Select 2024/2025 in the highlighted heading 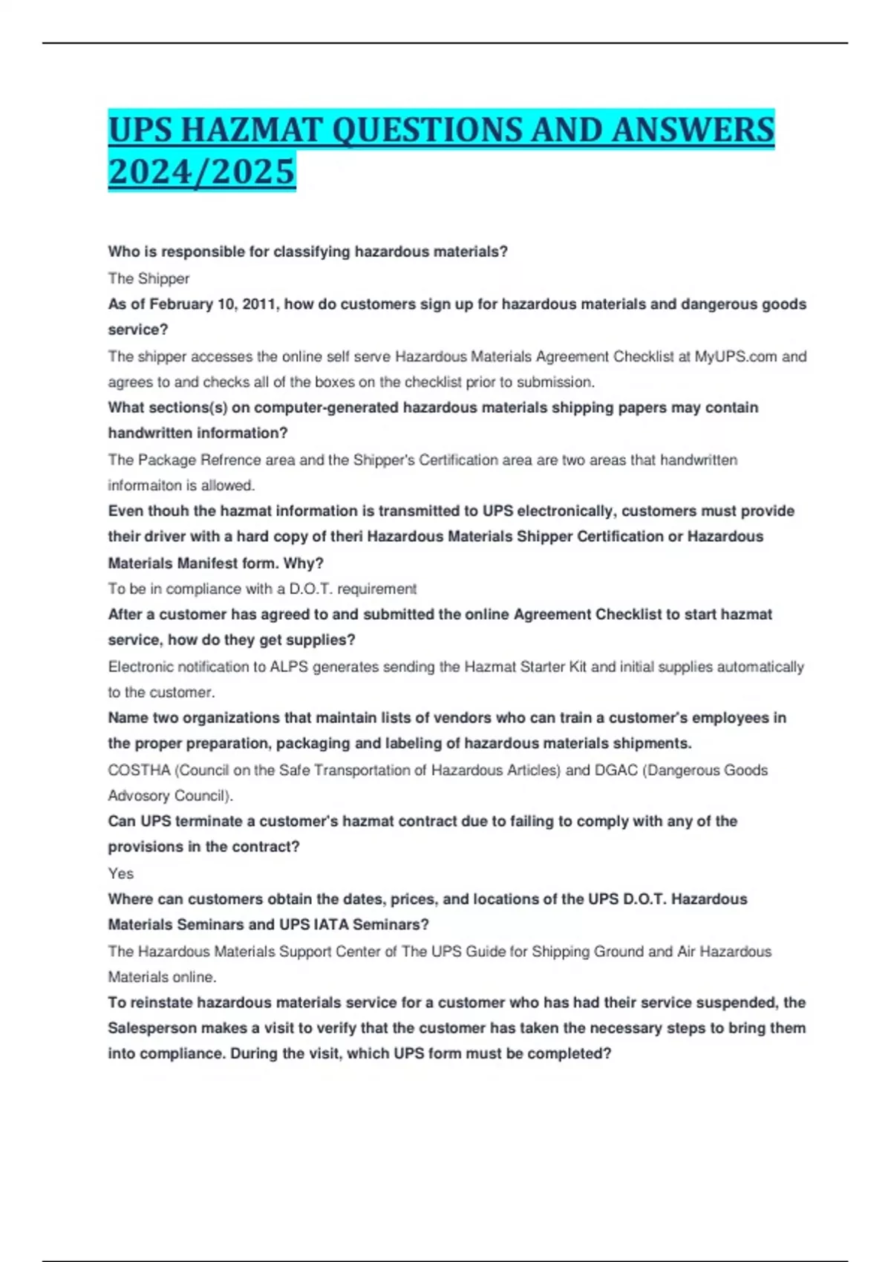click(201, 171)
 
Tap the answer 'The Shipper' click(148, 278)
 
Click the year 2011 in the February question click(259, 304)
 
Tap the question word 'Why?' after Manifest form click(303, 563)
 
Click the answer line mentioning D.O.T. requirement click(262, 589)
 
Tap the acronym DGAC click(616, 770)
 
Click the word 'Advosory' click(138, 796)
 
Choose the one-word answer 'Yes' click(121, 873)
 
